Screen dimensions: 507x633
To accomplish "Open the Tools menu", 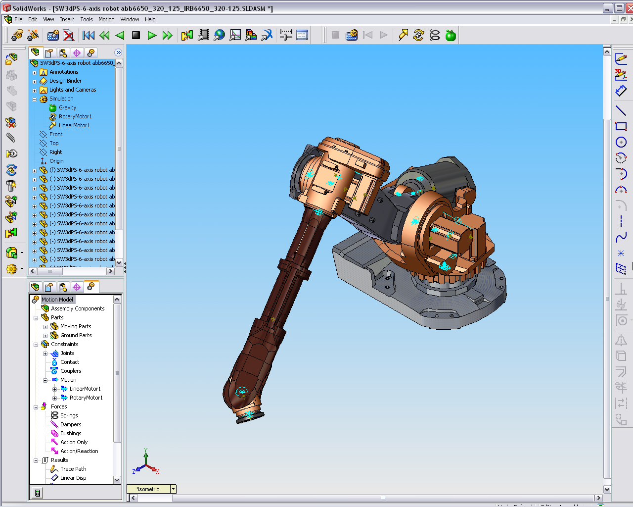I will coord(87,19).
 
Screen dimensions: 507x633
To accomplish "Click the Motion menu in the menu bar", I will coord(106,19).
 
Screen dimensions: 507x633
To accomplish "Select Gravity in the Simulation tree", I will coord(67,107).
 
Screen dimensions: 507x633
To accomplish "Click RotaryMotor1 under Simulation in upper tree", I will coord(75,116).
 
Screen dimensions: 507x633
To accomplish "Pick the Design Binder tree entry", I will coord(65,81).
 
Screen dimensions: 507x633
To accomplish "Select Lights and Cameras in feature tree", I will coord(73,90).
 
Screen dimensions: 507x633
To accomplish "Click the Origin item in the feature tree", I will coord(56,161).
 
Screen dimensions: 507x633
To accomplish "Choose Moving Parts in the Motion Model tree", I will coord(76,326).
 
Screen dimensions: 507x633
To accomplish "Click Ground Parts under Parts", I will coord(76,335).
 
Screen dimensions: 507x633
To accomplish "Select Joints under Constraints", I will coord(67,353).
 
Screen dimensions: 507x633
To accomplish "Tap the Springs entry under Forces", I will coord(69,415).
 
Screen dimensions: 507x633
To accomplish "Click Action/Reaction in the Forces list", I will coord(79,451).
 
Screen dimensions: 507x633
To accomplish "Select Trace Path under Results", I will coord(73,469).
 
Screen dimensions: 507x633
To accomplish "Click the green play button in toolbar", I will coord(152,35).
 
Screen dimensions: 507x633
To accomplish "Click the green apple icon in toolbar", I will coord(451,35).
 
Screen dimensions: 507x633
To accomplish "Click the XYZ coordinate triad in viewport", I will coord(146,463).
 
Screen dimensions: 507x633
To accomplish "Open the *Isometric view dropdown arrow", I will coord(173,489).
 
